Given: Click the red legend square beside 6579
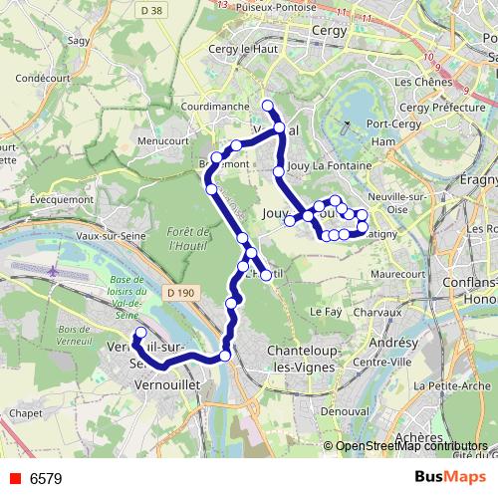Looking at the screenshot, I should point(12,479).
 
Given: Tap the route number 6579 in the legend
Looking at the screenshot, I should point(46,479).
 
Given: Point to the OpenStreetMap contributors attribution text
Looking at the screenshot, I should point(409,446).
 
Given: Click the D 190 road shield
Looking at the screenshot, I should point(179,292).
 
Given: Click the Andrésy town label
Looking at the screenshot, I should point(393,342).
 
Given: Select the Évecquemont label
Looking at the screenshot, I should point(34,198).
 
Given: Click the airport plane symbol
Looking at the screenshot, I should point(53,270).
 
